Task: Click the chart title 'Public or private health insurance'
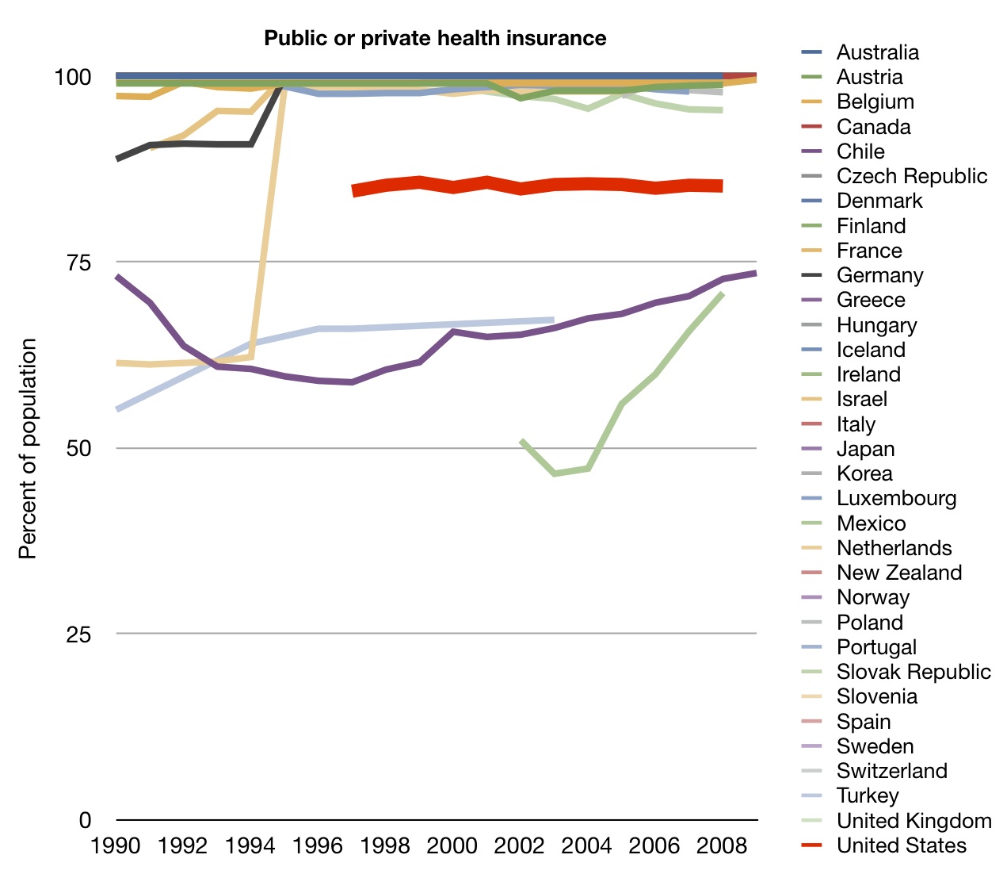435,38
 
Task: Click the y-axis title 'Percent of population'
28,448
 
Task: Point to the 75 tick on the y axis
72,263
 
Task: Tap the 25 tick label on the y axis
72,634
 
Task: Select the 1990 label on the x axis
116,845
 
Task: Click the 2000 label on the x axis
452,845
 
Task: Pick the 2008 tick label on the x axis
721,845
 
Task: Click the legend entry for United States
901,845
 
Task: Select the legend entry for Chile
860,151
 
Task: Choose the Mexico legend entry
871,523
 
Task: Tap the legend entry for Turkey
868,795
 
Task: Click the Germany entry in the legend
879,275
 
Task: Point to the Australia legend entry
877,52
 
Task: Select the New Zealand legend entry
898,573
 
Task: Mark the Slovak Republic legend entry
913,672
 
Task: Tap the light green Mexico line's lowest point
554,473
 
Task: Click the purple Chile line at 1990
117,277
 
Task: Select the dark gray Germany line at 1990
117,159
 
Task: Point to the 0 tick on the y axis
85,820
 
